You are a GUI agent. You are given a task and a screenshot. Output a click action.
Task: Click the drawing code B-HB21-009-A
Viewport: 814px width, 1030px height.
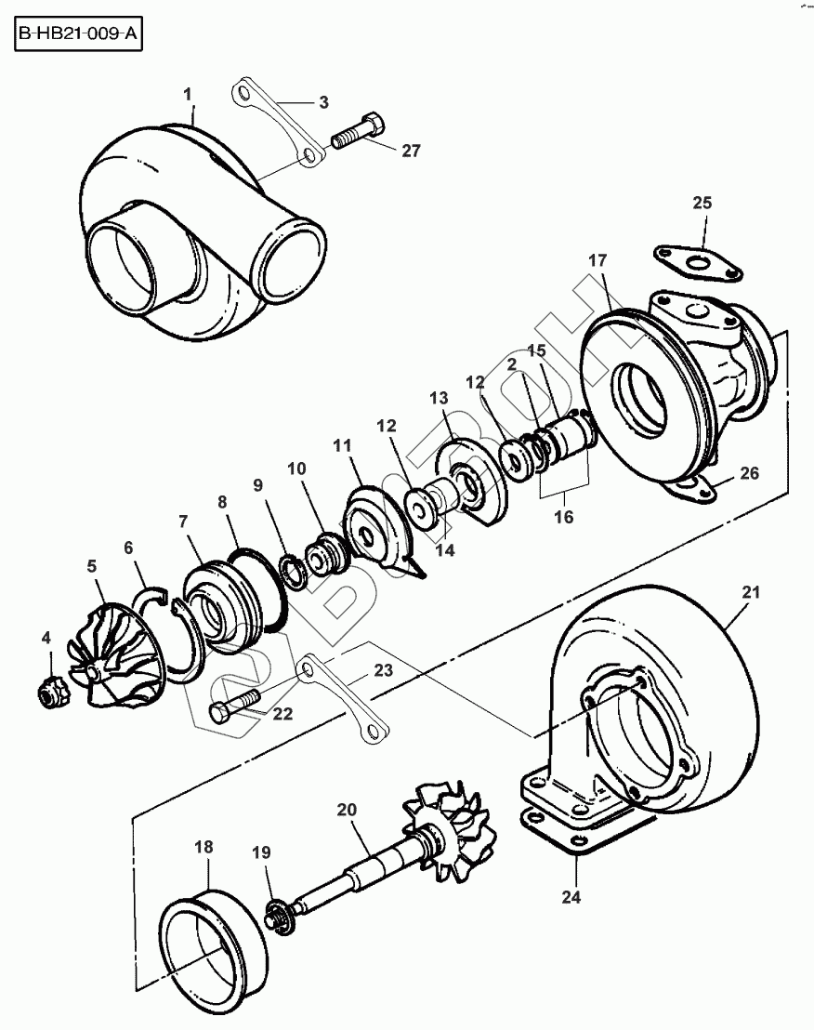78,36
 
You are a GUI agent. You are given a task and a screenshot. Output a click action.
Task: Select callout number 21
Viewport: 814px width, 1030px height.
752,591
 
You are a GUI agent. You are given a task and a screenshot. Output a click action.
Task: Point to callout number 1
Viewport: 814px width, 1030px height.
188,95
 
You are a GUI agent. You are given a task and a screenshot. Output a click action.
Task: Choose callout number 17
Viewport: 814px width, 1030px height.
596,260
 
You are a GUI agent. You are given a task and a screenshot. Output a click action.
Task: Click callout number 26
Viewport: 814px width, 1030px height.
749,472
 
